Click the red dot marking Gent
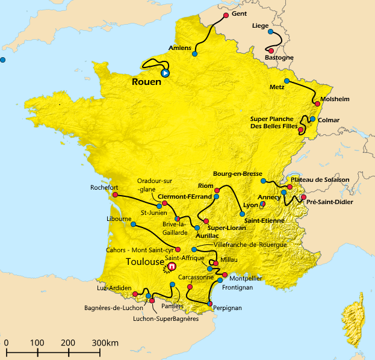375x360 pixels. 226,15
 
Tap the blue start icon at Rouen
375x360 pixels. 165,73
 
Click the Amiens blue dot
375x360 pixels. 194,54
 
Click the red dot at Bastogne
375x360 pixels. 271,51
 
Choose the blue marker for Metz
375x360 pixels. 287,81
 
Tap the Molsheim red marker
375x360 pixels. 317,104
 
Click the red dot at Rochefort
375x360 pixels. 114,195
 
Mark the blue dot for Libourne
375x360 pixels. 133,225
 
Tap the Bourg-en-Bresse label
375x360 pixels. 238,173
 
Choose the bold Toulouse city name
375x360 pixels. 145,262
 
